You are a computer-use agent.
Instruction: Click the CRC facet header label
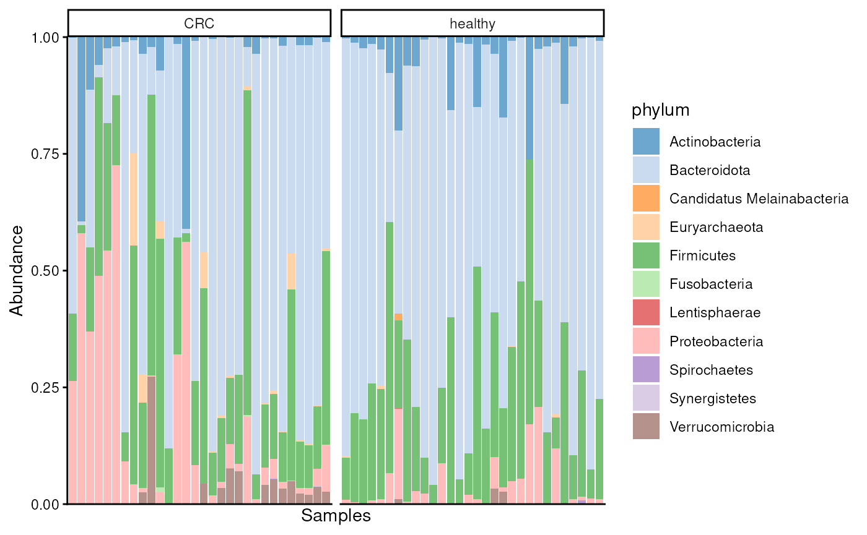pyautogui.click(x=198, y=24)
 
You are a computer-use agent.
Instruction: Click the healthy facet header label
pyautogui.click(x=472, y=24)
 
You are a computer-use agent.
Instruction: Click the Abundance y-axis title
pyautogui.click(x=17, y=270)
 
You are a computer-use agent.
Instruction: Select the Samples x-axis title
pyautogui.click(x=336, y=516)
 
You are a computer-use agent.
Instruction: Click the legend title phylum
pyautogui.click(x=660, y=111)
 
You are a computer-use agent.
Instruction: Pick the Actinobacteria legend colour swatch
pyautogui.click(x=646, y=142)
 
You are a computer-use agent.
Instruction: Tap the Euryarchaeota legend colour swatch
pyautogui.click(x=646, y=227)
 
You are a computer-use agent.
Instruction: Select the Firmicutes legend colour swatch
pyautogui.click(x=646, y=255)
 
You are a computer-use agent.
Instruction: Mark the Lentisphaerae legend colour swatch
pyautogui.click(x=646, y=312)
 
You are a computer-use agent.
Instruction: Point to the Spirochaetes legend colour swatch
pyautogui.click(x=646, y=370)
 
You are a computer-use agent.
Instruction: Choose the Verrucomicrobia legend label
pyautogui.click(x=721, y=427)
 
